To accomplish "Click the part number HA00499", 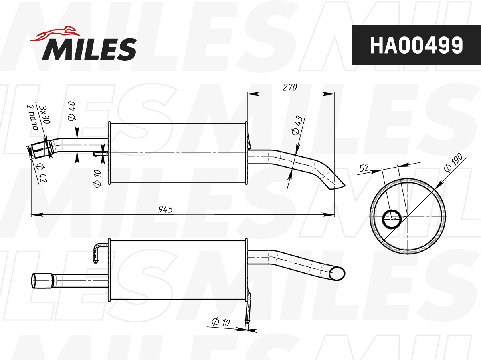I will tap(416, 45).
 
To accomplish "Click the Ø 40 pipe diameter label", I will tap(72, 111).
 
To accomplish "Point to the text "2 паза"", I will tap(32, 118).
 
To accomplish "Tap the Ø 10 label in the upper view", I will tap(97, 178).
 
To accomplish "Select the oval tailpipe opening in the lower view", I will tap(337, 274).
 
